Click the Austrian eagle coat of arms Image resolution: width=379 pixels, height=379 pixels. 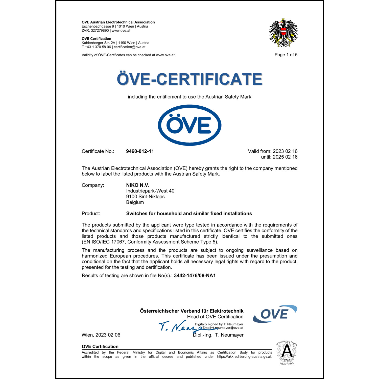[283, 33]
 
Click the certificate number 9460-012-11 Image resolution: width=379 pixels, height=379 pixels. [140, 151]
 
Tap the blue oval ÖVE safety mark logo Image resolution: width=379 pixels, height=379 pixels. [189, 125]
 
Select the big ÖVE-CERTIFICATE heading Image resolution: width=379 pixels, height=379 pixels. [189, 79]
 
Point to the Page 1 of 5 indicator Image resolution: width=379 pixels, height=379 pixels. [286, 55]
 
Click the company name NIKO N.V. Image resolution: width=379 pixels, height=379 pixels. [138, 185]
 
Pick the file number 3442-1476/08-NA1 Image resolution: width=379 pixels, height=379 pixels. [195, 275]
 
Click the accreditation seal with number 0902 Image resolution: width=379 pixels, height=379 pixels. [287, 353]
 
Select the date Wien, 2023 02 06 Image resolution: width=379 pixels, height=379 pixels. [101, 335]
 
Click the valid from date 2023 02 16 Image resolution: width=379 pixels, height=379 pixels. [285, 151]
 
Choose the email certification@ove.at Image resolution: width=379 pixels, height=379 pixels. [130, 47]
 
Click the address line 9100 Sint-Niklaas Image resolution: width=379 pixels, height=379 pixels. [145, 197]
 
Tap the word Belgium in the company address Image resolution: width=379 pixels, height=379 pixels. [135, 202]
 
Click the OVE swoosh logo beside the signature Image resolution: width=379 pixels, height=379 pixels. [275, 314]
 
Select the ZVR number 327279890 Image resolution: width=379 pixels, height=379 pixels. [100, 31]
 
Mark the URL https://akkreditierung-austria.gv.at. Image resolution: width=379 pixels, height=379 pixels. [245, 357]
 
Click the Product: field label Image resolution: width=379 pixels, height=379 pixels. [91, 214]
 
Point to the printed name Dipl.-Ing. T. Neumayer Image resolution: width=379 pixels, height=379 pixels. [218, 335]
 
